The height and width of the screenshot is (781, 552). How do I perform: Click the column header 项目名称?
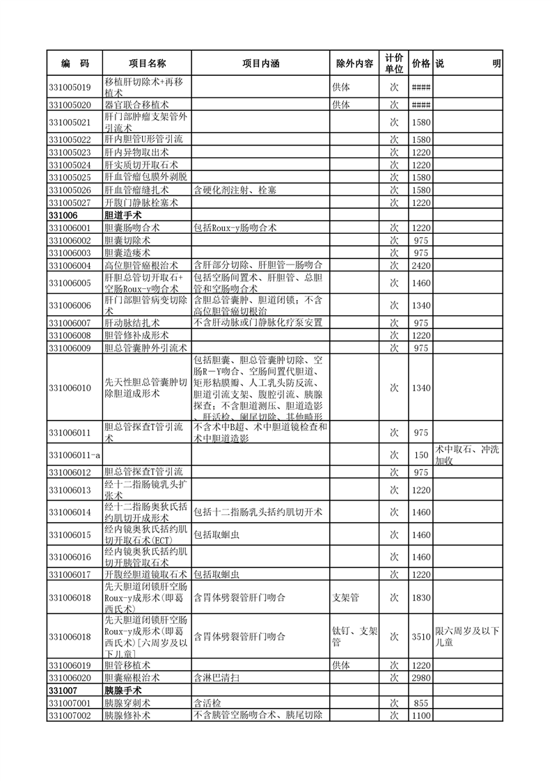coord(146,63)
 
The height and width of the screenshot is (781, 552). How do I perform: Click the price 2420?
coord(421,265)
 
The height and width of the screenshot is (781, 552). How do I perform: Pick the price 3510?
coord(421,636)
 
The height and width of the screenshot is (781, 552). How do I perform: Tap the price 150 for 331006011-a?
coord(421,455)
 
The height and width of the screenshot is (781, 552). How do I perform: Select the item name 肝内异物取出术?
coord(136,152)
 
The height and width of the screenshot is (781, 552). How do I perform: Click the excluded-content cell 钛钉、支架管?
coord(355,636)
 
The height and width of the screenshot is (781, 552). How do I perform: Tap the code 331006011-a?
coord(75,455)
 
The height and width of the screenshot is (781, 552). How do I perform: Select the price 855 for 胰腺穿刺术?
coord(421,703)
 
